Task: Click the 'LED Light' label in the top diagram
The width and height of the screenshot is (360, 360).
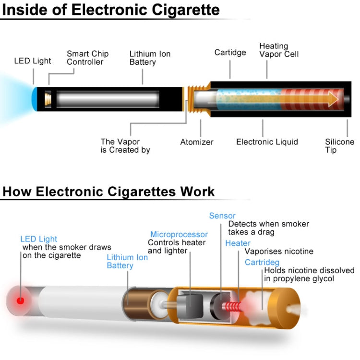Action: (32, 61)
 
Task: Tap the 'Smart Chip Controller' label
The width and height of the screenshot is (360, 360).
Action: (87, 58)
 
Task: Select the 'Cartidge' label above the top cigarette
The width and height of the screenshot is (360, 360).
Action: (230, 52)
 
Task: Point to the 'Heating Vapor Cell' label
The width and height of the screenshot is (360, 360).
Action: (278, 50)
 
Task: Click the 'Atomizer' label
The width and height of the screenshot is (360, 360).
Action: (197, 142)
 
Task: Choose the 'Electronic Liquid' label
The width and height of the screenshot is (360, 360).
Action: (267, 142)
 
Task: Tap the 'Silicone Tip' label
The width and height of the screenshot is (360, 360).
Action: (339, 146)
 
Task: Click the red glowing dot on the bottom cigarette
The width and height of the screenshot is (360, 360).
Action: (20, 301)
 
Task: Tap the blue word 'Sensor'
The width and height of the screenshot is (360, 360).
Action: (222, 216)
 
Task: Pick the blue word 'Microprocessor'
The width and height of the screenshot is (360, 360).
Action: (179, 235)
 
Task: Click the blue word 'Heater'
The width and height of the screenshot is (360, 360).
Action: (238, 243)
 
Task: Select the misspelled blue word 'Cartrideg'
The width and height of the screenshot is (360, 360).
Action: (262, 263)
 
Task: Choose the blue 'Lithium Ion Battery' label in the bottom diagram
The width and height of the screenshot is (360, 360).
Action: (127, 262)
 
